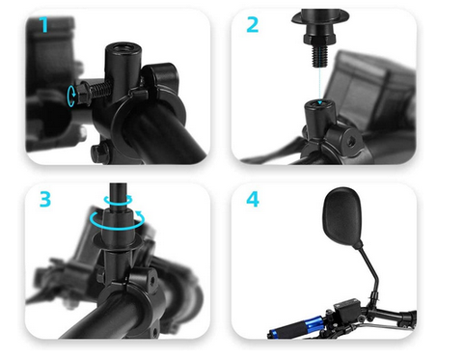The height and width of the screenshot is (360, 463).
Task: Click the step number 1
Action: click(44, 24)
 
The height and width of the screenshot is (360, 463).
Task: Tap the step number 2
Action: click(253, 25)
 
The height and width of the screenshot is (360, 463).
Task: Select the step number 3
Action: click(45, 199)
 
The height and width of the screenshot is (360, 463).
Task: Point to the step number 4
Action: click(253, 199)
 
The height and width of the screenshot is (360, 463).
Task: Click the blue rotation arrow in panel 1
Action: click(71, 96)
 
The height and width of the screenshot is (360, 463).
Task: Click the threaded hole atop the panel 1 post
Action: click(124, 47)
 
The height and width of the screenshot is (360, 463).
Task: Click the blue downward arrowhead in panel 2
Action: click(319, 102)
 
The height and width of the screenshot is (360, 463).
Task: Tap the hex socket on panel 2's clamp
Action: click(350, 140)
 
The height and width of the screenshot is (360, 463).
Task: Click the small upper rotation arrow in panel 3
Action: click(118, 200)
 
